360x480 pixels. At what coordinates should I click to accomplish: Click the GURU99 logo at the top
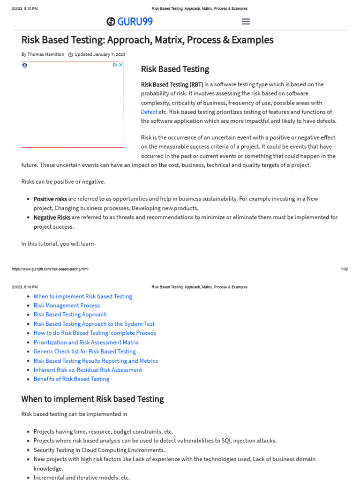tap(129, 22)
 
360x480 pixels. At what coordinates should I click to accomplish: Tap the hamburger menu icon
tap(246, 22)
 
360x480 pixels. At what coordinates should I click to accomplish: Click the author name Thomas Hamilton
tap(45, 54)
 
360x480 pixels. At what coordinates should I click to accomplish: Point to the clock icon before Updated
tap(71, 54)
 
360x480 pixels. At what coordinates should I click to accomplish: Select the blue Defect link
tap(149, 112)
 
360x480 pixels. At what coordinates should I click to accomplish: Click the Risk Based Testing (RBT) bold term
tap(172, 84)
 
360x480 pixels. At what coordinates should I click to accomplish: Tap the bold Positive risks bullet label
tap(50, 199)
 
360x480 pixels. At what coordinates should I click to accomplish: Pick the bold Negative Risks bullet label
tap(52, 217)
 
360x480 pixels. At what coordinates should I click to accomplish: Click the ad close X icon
tap(120, 65)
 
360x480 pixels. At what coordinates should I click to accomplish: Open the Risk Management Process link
tap(67, 306)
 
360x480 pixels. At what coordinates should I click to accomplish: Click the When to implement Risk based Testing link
tap(83, 296)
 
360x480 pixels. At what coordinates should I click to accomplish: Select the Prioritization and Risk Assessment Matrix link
tap(86, 342)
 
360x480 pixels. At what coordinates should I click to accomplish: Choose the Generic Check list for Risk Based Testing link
tap(84, 352)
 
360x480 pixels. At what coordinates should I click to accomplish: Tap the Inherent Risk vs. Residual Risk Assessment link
tap(88, 370)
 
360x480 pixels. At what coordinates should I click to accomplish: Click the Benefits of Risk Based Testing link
tap(71, 379)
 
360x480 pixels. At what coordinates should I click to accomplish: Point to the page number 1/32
tap(345, 269)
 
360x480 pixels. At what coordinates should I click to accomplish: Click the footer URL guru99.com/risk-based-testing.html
tap(50, 269)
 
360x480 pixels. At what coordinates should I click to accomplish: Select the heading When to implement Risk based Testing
tap(92, 399)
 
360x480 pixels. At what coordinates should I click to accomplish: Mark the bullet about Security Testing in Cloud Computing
tap(99, 450)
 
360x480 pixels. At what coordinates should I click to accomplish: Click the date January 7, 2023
tap(109, 54)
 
